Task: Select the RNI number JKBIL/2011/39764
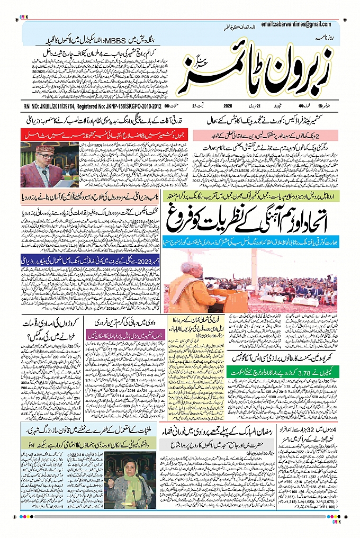51,106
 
